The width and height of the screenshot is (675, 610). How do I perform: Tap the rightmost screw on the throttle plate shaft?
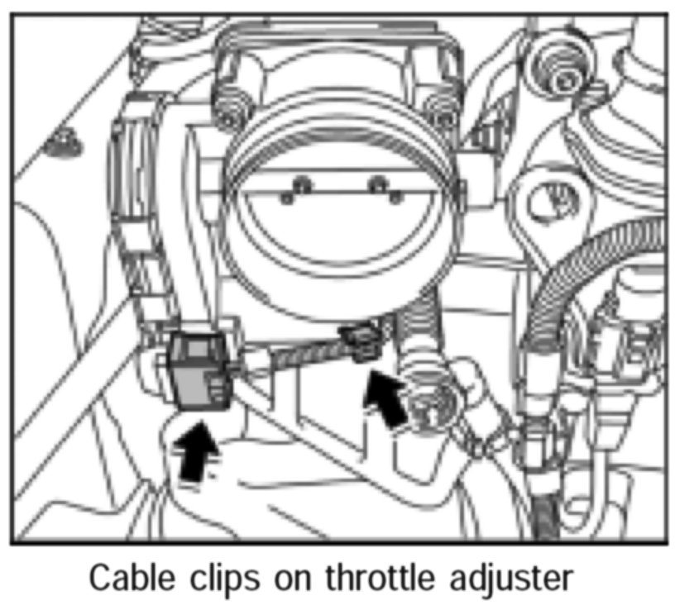(x=395, y=197)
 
